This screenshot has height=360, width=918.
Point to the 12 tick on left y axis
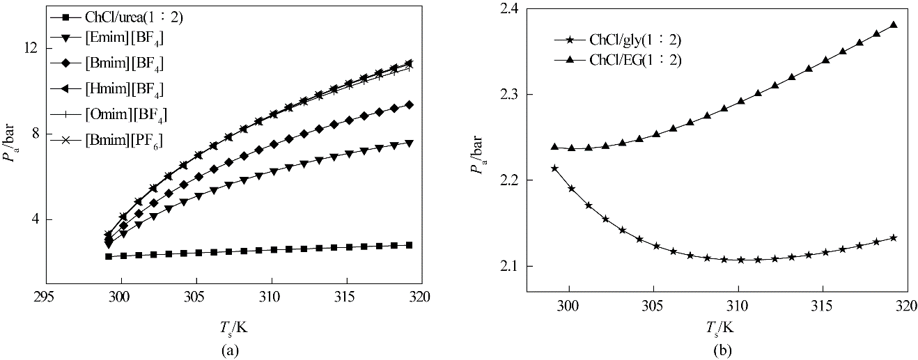click(29, 48)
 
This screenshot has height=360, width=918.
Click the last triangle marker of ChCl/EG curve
click(894, 25)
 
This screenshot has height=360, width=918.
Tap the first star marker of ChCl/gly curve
click(554, 168)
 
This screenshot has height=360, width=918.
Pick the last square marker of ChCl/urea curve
click(409, 245)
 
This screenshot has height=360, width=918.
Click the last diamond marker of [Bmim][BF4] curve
click(409, 104)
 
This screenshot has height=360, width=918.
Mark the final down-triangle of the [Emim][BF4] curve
click(409, 143)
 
